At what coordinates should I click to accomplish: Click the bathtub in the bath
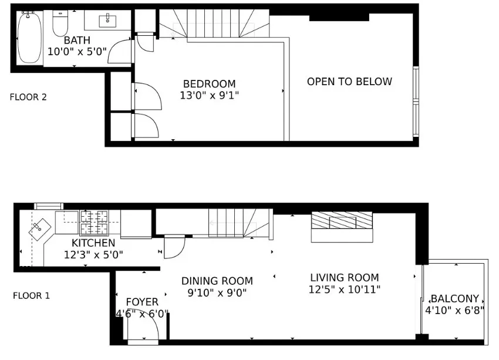pyautogui.click(x=29, y=38)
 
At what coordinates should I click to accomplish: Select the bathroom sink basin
pyautogui.click(x=108, y=21)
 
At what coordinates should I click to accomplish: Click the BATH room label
pyautogui.click(x=77, y=41)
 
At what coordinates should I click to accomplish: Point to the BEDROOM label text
pyautogui.click(x=209, y=84)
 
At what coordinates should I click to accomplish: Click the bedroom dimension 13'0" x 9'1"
pyautogui.click(x=209, y=95)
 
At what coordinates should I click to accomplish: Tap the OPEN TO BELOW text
pyautogui.click(x=349, y=82)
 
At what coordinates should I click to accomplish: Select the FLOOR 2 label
pyautogui.click(x=28, y=97)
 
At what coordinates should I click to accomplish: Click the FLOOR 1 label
pyautogui.click(x=31, y=296)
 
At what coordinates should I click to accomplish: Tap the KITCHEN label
pyautogui.click(x=93, y=243)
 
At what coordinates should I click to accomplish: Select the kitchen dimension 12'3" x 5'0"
pyautogui.click(x=93, y=255)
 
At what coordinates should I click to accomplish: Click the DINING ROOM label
pyautogui.click(x=217, y=281)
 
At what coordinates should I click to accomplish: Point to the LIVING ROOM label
pyautogui.click(x=345, y=278)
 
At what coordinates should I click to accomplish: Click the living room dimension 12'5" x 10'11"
pyautogui.click(x=345, y=290)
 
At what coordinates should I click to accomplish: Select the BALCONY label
pyautogui.click(x=455, y=298)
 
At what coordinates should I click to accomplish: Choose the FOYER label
pyautogui.click(x=142, y=302)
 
